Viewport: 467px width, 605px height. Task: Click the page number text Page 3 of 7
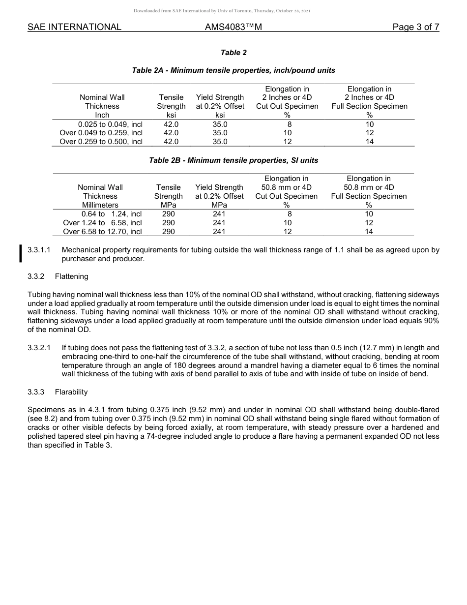click(x=415, y=27)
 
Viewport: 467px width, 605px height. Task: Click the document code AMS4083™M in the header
click(x=233, y=27)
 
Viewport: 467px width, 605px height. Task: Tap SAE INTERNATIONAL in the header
click(x=74, y=27)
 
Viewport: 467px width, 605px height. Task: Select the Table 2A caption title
click(x=233, y=70)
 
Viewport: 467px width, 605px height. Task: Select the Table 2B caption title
click(x=233, y=160)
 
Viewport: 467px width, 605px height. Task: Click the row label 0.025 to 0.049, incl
click(x=110, y=124)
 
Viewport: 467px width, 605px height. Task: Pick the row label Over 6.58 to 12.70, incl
click(x=102, y=231)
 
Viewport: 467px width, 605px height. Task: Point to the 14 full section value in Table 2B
click(x=369, y=231)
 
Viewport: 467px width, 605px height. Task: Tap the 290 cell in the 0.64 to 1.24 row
click(x=168, y=213)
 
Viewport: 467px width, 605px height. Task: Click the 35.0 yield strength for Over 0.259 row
click(x=220, y=142)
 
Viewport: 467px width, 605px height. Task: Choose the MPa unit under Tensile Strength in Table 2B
click(x=168, y=205)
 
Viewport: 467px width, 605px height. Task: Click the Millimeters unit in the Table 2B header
click(x=100, y=205)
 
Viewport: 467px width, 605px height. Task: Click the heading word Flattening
click(x=72, y=276)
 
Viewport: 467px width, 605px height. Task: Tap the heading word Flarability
click(x=71, y=392)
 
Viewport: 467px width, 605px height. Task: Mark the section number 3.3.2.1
click(x=39, y=348)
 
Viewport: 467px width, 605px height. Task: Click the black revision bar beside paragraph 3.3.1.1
click(x=20, y=254)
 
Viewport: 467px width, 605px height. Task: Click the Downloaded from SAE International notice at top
click(x=222, y=11)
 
